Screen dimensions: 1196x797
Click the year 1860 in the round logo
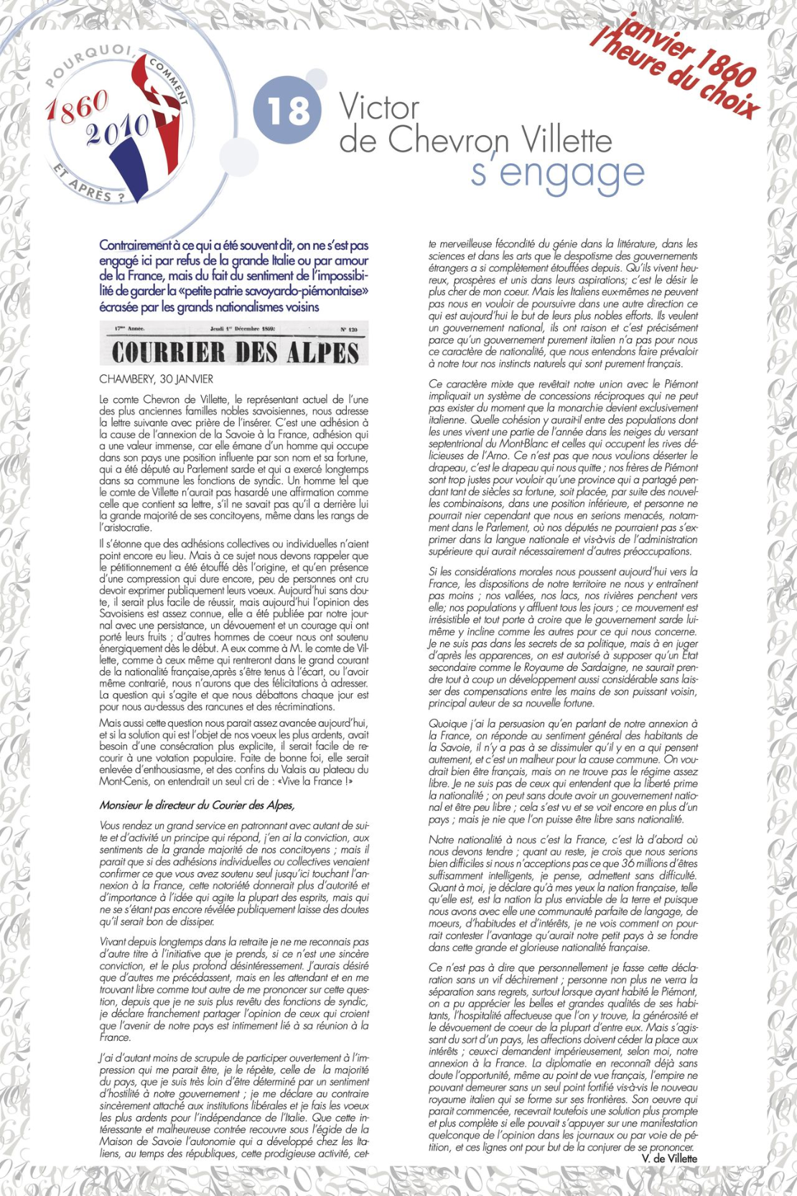click(77, 107)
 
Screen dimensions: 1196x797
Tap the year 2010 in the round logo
click(118, 131)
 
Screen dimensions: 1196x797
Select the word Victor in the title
click(379, 108)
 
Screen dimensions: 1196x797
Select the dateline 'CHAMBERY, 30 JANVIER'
click(156, 379)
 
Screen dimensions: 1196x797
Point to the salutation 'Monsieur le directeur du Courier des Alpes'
click(197, 805)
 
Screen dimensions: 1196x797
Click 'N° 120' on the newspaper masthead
click(348, 330)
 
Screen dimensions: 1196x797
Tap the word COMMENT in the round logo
click(170, 80)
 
